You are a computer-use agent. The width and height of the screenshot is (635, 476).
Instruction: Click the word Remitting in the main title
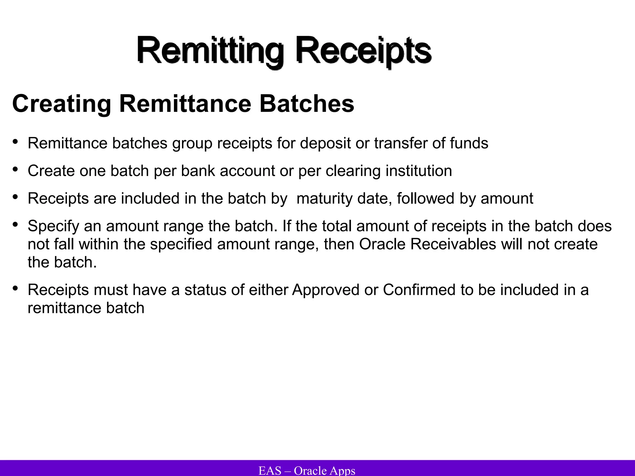point(210,51)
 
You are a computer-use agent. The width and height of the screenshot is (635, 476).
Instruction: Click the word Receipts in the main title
point(363,51)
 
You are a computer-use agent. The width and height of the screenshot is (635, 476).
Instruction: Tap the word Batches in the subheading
point(307,104)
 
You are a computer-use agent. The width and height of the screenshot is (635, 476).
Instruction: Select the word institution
point(419,171)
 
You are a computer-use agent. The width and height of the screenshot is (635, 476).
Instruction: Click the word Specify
point(53,226)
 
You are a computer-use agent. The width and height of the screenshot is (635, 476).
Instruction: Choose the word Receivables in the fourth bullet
point(453,244)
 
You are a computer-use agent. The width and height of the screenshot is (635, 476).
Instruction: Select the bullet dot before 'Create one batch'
point(15,170)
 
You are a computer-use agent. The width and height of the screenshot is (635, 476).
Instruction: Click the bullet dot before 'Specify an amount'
point(15,225)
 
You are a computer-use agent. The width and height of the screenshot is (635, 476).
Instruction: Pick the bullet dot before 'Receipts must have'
point(15,289)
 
